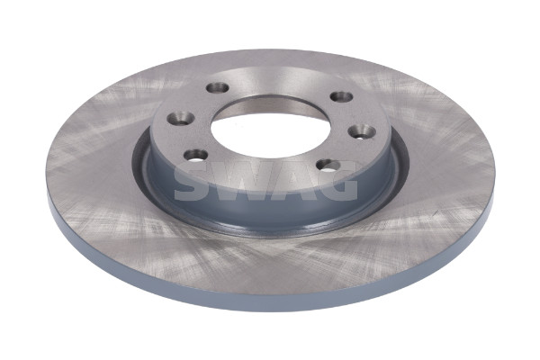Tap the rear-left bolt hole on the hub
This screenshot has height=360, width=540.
click(218, 87)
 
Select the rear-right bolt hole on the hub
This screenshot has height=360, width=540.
click(341, 97)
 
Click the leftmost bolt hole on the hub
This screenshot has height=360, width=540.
click(180, 119)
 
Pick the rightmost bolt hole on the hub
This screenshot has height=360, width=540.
click(362, 131)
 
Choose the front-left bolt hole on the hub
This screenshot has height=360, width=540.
click(196, 155)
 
